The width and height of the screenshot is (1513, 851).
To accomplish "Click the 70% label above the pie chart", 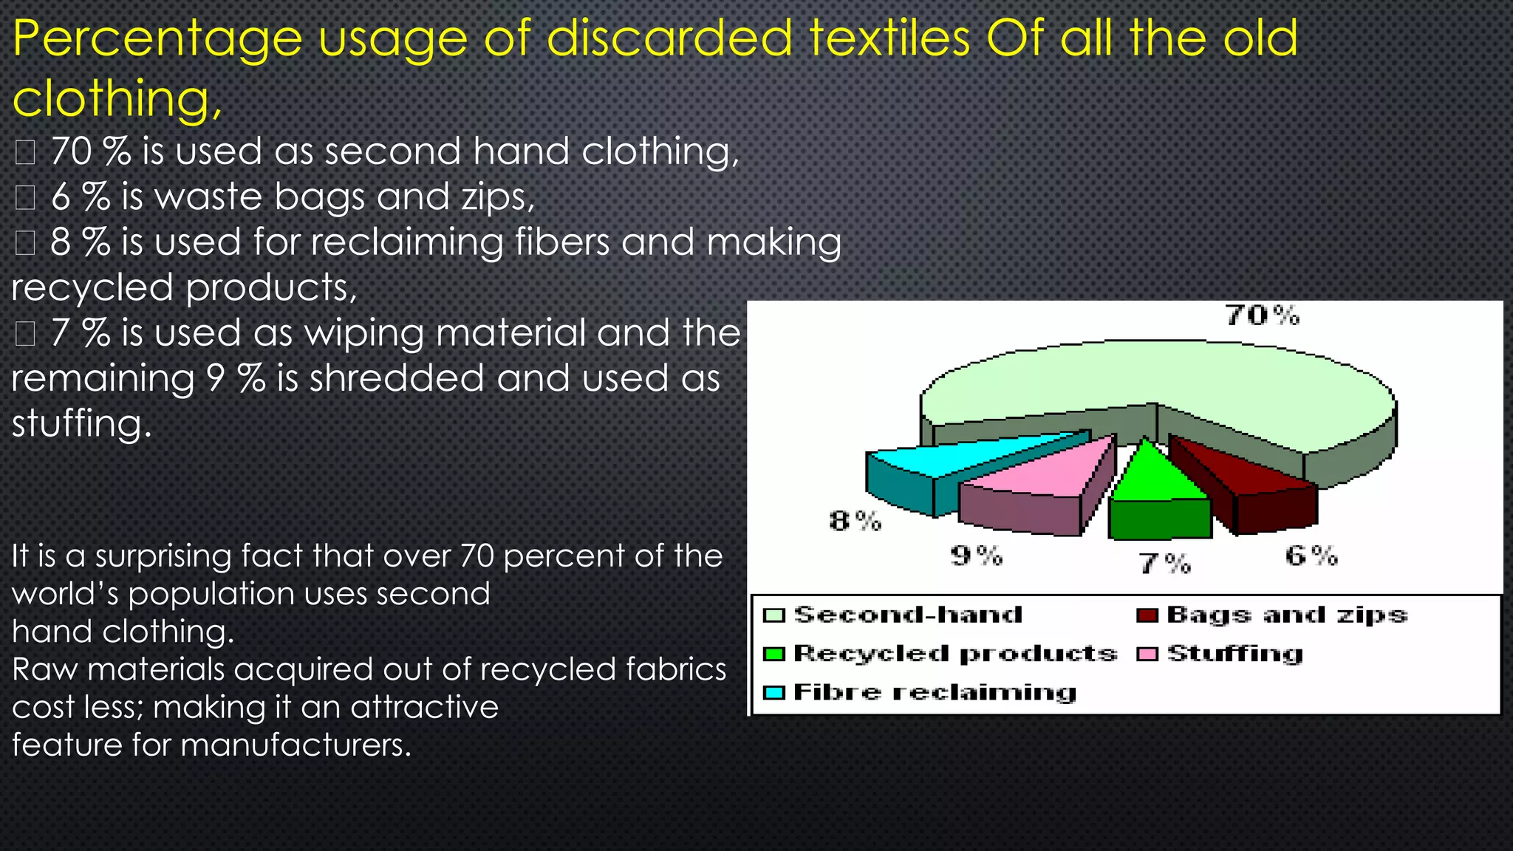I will [1263, 316].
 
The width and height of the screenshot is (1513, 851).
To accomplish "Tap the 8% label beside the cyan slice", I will [855, 522].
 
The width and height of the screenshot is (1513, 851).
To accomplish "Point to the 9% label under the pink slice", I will [976, 556].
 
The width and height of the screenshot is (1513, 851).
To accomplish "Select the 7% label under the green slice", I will [1165, 564].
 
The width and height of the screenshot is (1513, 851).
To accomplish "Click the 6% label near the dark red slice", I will [1311, 556].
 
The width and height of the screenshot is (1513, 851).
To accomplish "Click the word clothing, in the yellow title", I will [117, 98].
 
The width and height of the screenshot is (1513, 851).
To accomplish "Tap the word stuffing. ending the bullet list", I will [81, 423].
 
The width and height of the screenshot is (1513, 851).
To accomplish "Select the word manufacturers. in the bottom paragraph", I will [296, 745].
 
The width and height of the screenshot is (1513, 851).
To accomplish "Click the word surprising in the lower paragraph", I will [163, 556].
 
